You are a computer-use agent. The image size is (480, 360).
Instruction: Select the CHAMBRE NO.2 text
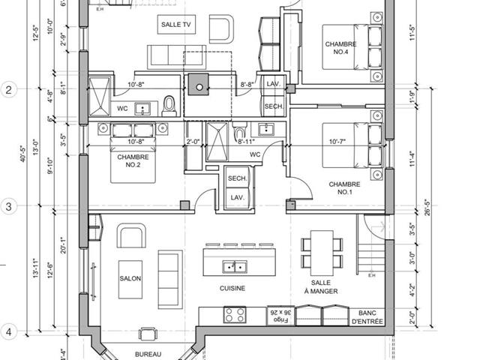pyautogui.click(x=133, y=162)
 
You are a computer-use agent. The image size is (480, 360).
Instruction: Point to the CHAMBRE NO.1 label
pyautogui.click(x=344, y=188)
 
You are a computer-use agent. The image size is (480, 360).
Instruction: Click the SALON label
pyautogui.click(x=130, y=278)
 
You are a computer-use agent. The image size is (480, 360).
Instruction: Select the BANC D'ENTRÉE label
pyautogui.click(x=367, y=317)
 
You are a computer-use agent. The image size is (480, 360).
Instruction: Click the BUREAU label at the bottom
pyautogui.click(x=148, y=354)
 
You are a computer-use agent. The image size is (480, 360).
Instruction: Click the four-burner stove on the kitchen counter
pyautogui.click(x=234, y=315)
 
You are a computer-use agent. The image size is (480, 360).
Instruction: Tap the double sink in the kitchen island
pyautogui.click(x=235, y=266)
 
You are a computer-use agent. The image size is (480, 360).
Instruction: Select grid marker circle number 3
pyautogui.click(x=9, y=206)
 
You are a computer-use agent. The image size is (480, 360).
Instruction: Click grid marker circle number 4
pyautogui.click(x=9, y=331)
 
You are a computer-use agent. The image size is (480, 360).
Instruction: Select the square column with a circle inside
pyautogui.click(x=199, y=86)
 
